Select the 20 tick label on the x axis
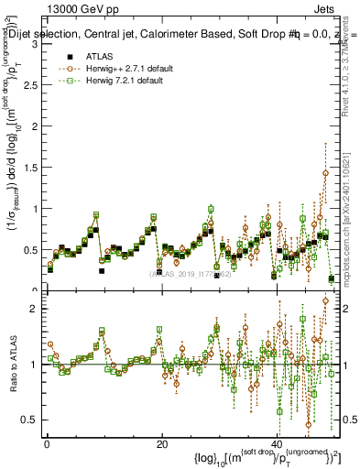(161, 443)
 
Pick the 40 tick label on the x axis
(277, 443)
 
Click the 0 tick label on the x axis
(47, 443)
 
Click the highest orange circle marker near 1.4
(325, 173)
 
